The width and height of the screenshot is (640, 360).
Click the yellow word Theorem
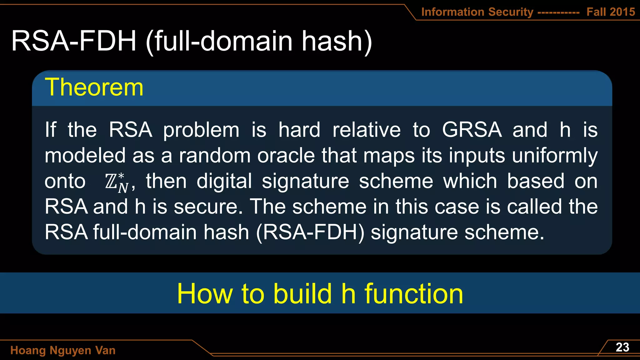[x=94, y=87]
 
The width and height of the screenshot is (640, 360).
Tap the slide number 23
[x=622, y=347]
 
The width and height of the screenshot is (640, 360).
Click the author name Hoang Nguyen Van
[x=63, y=350]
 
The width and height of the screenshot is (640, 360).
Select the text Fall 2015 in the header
[x=610, y=12]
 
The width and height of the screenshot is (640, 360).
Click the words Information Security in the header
[x=477, y=12]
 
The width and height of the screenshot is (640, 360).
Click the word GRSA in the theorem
[x=472, y=130]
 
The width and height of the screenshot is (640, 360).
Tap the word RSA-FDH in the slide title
[x=74, y=41]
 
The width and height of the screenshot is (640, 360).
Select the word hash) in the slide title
[x=337, y=41]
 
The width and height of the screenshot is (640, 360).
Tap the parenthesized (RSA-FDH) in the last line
[x=310, y=232]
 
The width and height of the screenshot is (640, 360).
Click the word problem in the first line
[x=201, y=130]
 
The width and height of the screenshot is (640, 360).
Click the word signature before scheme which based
[x=305, y=181]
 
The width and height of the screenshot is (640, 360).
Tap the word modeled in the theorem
[x=85, y=156]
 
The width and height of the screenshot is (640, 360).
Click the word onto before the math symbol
[x=65, y=181]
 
